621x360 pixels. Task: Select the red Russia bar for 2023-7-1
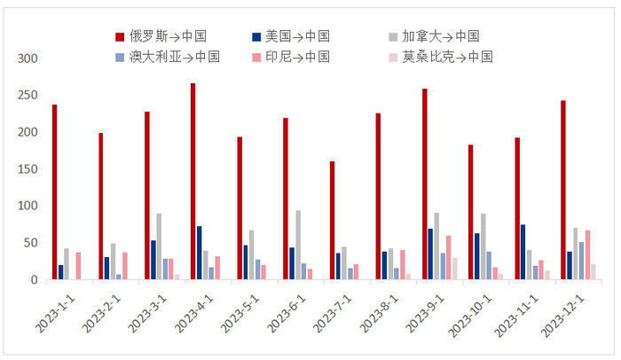pyautogui.click(x=332, y=221)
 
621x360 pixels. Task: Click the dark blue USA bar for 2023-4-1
pyautogui.click(x=200, y=253)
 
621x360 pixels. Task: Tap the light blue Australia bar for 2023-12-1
pyautogui.click(x=581, y=261)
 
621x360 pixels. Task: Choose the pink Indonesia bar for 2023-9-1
pyautogui.click(x=448, y=258)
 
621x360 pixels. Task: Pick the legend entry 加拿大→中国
pyautogui.click(x=435, y=36)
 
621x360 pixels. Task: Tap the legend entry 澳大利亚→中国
pyautogui.click(x=161, y=57)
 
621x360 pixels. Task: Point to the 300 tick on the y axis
pyautogui.click(x=28, y=59)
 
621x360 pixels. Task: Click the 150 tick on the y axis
pyautogui.click(x=28, y=169)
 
